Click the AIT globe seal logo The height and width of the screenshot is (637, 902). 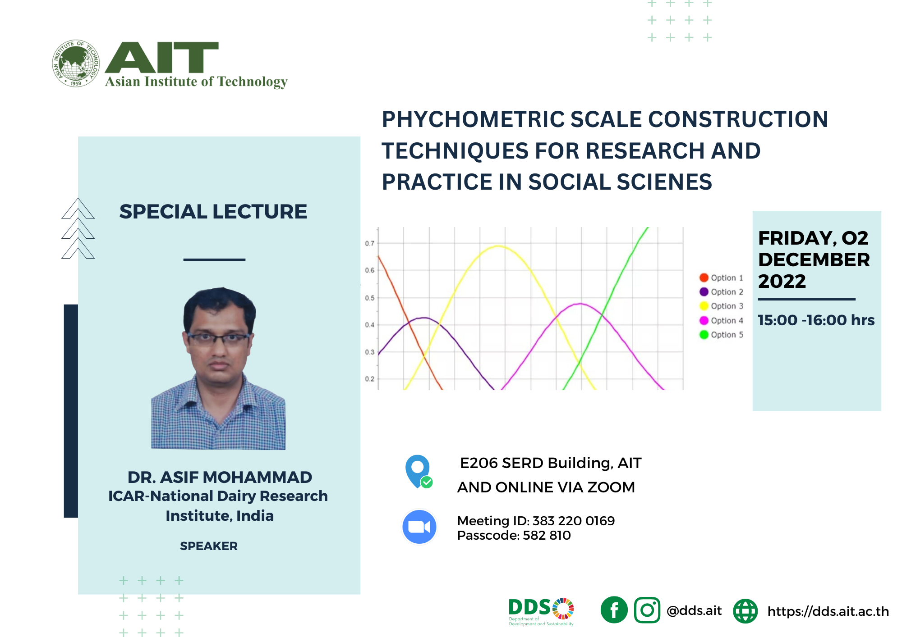coord(76,63)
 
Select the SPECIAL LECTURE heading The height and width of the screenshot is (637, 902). coord(213,212)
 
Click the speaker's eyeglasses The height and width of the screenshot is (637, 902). coord(218,338)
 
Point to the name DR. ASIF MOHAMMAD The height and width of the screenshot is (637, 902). coord(220,477)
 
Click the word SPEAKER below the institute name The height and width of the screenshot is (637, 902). coord(208,546)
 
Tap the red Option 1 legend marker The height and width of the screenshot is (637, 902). coord(704,278)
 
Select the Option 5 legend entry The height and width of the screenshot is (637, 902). coord(722,335)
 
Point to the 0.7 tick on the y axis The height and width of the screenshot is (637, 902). coord(369,243)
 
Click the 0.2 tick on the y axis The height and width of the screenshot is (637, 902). coord(369,379)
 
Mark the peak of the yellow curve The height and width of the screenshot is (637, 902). coord(498,246)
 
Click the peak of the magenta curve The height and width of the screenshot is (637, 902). coord(581,304)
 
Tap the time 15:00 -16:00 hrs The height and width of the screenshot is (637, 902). coord(815,320)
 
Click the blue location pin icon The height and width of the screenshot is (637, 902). coord(418,469)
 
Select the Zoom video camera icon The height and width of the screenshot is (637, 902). coord(419,527)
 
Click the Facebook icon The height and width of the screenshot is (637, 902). coord(614,610)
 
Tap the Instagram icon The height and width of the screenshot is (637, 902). coord(647,610)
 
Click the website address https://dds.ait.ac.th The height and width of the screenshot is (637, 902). coord(828,611)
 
